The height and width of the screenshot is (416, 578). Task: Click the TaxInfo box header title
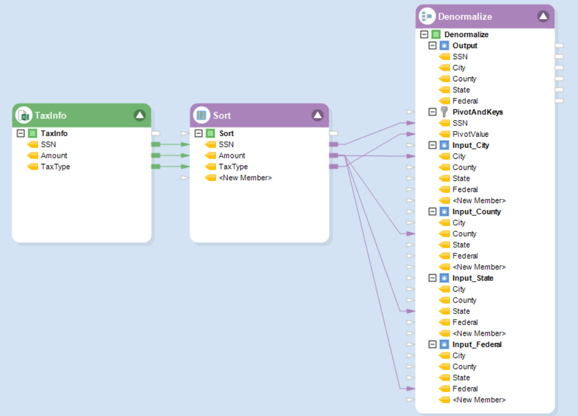tap(50, 116)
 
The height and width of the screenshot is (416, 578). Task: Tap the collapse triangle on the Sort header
tap(317, 115)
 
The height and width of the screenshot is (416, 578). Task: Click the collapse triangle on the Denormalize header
tap(543, 17)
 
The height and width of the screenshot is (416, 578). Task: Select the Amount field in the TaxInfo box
tap(54, 155)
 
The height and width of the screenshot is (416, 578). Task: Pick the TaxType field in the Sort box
tap(233, 167)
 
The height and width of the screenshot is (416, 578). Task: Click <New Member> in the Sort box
tap(245, 178)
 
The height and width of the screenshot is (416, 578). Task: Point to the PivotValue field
tap(470, 134)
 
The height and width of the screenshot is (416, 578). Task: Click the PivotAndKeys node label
tap(477, 112)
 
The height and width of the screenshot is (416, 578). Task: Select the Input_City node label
tap(471, 145)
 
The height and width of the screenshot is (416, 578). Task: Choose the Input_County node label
tap(476, 211)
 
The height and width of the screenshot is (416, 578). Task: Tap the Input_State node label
tap(472, 278)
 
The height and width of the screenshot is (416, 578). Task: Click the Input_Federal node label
tap(477, 344)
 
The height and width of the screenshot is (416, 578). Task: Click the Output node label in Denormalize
tap(465, 45)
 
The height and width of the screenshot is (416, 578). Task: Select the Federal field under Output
tap(465, 101)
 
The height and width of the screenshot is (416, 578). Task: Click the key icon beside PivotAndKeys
tap(444, 112)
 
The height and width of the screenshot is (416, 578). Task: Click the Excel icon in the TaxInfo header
tap(24, 116)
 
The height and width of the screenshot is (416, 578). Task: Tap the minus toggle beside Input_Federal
tap(433, 344)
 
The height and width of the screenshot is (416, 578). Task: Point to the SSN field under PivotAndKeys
tap(460, 123)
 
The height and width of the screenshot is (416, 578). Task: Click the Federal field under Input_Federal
tap(465, 388)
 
